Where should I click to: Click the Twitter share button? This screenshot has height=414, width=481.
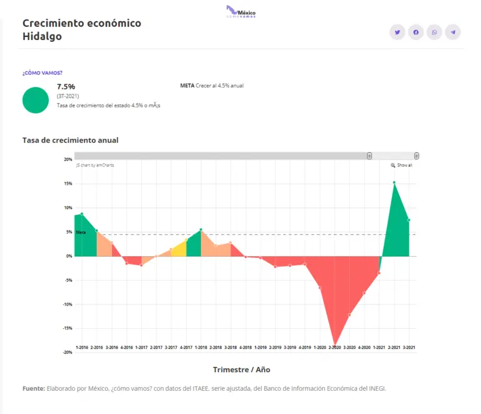point(397,32)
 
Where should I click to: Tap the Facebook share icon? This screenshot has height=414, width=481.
point(416,32)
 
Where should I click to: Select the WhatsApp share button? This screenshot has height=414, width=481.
point(434,32)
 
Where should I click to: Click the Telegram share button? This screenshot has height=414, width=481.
point(453,32)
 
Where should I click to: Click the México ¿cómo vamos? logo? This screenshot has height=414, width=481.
point(241,12)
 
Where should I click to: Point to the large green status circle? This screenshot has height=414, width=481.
point(36,100)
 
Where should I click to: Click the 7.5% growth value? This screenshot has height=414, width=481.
point(66,86)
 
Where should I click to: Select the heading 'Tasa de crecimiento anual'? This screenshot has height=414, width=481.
point(70,140)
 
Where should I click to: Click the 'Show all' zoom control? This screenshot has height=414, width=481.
point(401,165)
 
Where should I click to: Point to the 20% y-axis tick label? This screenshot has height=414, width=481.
point(68,160)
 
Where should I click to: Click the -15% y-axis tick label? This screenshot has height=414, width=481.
point(68,328)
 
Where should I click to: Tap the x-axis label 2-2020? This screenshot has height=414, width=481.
point(334,347)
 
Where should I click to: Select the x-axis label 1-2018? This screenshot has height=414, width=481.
point(201,347)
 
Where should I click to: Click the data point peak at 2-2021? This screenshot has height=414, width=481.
point(394,183)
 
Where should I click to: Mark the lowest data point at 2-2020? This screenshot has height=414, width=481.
point(334,346)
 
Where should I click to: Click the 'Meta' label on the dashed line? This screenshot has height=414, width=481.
point(81,232)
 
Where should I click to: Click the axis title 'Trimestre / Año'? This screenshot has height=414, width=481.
point(241,370)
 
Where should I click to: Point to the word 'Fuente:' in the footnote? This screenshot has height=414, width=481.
point(33,388)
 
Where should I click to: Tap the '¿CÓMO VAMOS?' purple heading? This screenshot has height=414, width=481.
point(43,73)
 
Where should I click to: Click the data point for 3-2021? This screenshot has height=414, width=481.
point(409,220)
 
